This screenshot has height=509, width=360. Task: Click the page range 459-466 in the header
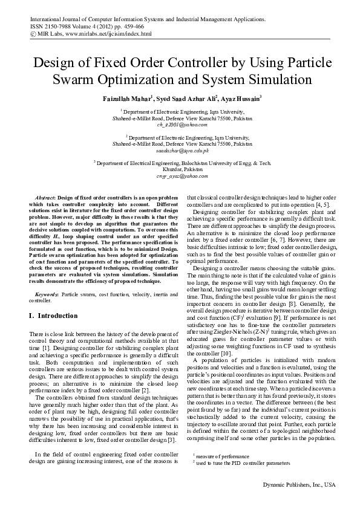point(136,27)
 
